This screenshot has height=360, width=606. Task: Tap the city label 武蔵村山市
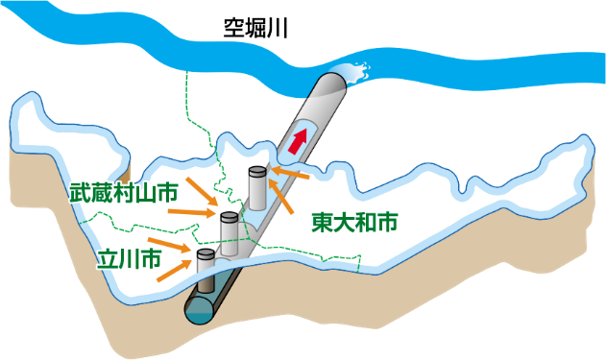click(x=123, y=192)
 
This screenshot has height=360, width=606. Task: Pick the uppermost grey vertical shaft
click(x=256, y=186)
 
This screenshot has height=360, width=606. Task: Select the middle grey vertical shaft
click(x=230, y=233)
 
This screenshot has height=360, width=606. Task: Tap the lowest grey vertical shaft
click(x=206, y=270)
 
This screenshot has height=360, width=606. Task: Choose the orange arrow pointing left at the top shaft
click(x=290, y=174)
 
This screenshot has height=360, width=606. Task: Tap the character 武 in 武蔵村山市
click(x=80, y=192)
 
